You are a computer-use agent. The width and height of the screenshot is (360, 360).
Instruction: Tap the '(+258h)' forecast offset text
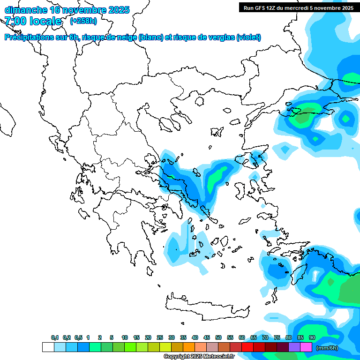pos(83,21)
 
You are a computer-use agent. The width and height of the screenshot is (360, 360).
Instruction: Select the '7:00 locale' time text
pos(33,21)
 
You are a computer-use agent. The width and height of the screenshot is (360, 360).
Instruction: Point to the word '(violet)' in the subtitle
pos(248,37)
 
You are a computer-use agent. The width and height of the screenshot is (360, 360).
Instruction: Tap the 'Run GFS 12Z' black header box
pos(298,7)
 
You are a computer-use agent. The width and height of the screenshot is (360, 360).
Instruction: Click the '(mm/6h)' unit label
pos(327,348)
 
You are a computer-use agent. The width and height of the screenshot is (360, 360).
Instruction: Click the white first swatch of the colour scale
pos(48,347)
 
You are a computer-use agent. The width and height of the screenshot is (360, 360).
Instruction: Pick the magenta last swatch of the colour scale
pos(306,347)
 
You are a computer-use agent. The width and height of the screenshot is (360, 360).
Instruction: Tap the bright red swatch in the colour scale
pos(247,347)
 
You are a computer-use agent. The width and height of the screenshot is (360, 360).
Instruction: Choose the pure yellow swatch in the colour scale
pos(165,347)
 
